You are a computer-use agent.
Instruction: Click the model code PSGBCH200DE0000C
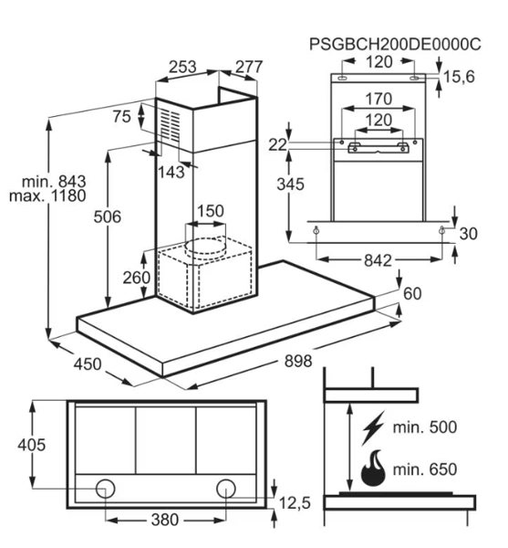395,44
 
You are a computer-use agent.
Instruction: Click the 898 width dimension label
298,361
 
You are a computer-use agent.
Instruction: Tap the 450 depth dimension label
88,364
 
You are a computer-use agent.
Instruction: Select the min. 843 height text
54,182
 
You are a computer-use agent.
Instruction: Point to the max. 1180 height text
47,195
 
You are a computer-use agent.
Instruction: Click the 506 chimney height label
107,216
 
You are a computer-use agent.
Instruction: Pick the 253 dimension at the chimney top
182,67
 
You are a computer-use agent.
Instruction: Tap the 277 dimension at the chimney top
249,67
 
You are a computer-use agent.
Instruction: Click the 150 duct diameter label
211,211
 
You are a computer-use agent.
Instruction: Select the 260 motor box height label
137,278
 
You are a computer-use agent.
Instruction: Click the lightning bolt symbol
373,427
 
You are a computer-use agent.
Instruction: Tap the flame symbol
373,469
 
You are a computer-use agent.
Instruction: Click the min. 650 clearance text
425,469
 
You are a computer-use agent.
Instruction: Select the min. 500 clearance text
425,427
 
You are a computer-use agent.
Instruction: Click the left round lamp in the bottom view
105,489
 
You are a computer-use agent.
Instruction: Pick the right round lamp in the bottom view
226,489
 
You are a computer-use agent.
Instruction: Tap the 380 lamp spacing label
165,520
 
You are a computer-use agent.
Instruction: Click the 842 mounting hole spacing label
378,260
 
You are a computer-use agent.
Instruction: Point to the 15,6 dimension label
459,77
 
